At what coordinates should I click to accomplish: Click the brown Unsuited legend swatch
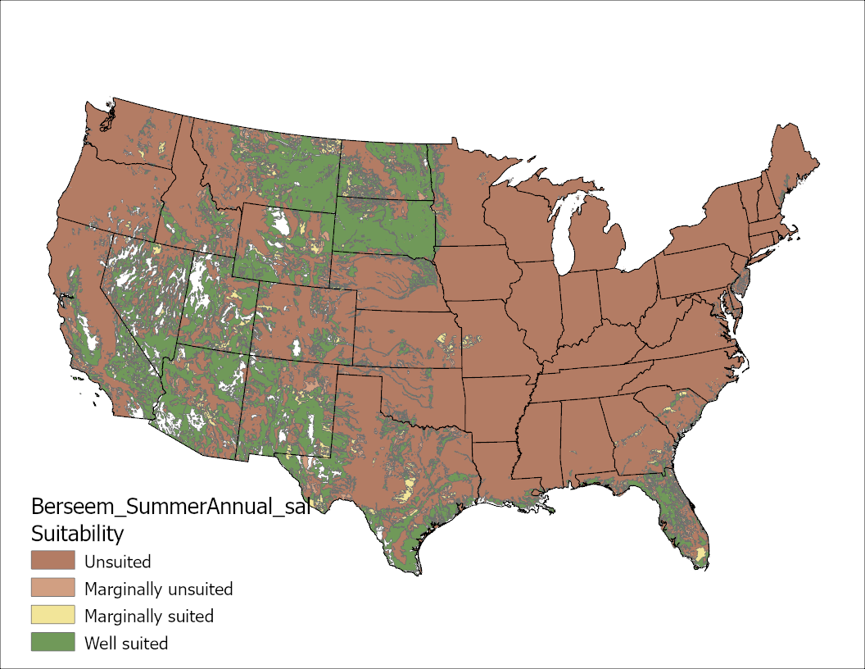(52, 562)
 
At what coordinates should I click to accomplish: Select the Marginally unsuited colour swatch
(52, 589)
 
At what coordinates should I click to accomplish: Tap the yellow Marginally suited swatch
(52, 616)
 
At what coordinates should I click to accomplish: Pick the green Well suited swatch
(52, 643)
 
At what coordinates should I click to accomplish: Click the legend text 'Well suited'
(126, 644)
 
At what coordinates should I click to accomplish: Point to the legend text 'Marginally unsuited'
(158, 589)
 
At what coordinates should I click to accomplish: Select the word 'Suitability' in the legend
(77, 535)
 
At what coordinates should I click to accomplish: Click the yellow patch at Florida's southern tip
(700, 557)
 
